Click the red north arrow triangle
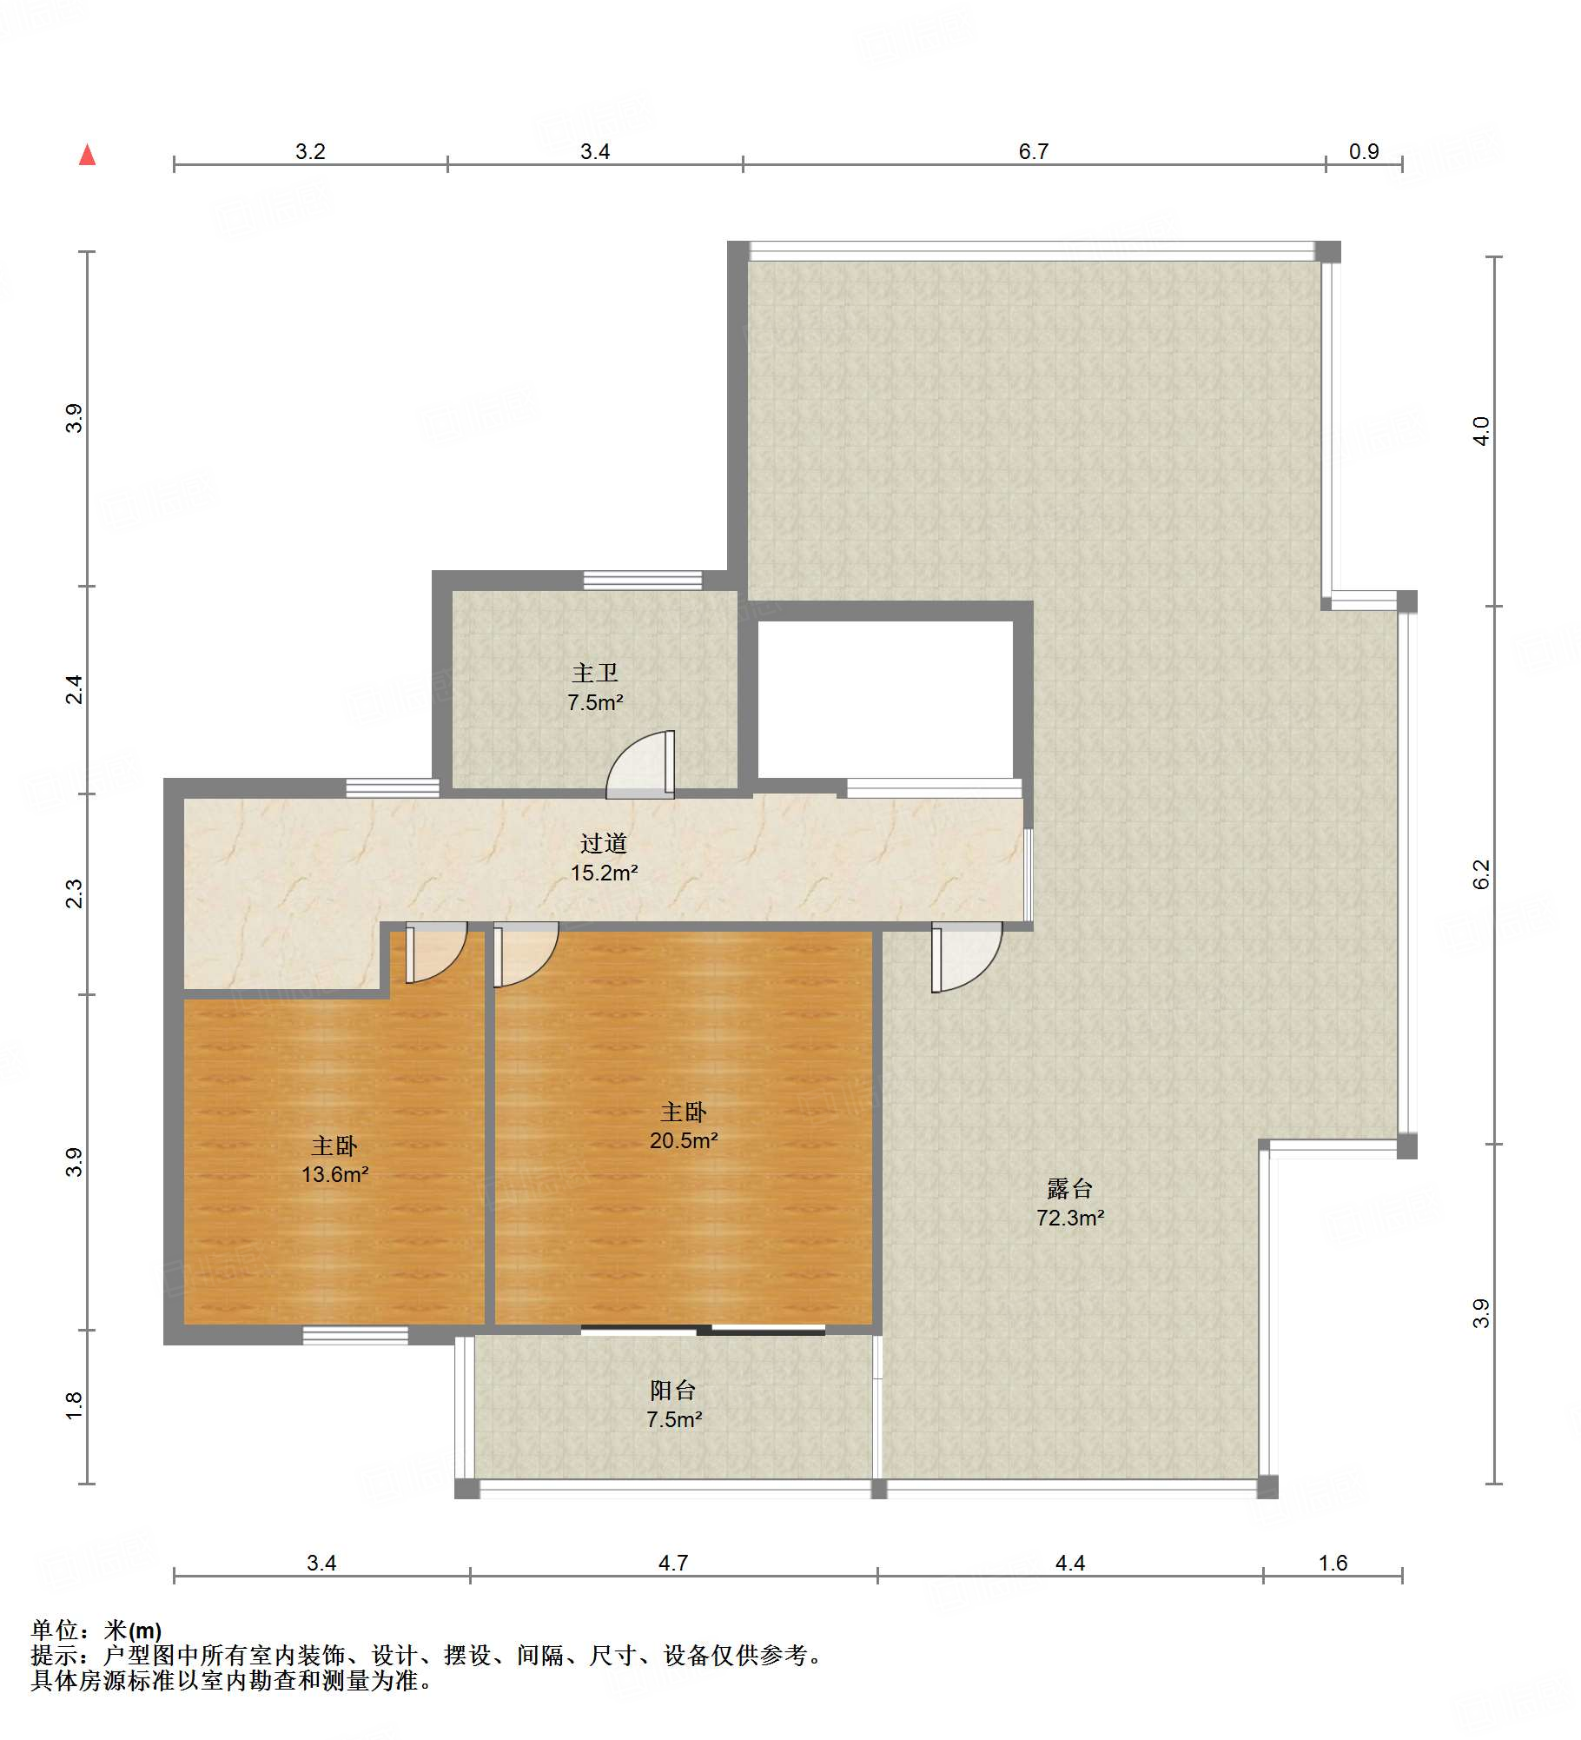[x=87, y=155]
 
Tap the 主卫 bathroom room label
[x=595, y=673]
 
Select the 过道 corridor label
[x=604, y=843]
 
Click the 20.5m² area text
[x=684, y=1140]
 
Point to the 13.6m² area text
[x=334, y=1175]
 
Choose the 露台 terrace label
[x=1069, y=1188]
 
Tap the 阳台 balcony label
[x=673, y=1391]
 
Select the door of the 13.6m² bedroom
[x=436, y=953]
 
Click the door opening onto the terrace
[x=967, y=958]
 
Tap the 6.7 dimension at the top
[x=1034, y=152]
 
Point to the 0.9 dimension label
[x=1364, y=152]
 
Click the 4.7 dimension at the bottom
[x=673, y=1564]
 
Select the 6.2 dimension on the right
[x=1481, y=874]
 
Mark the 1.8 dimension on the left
[x=74, y=1406]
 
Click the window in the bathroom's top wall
[x=643, y=580]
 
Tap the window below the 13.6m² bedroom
[x=355, y=1335]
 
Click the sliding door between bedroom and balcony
[x=703, y=1330]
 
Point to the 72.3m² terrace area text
[x=1070, y=1218]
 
